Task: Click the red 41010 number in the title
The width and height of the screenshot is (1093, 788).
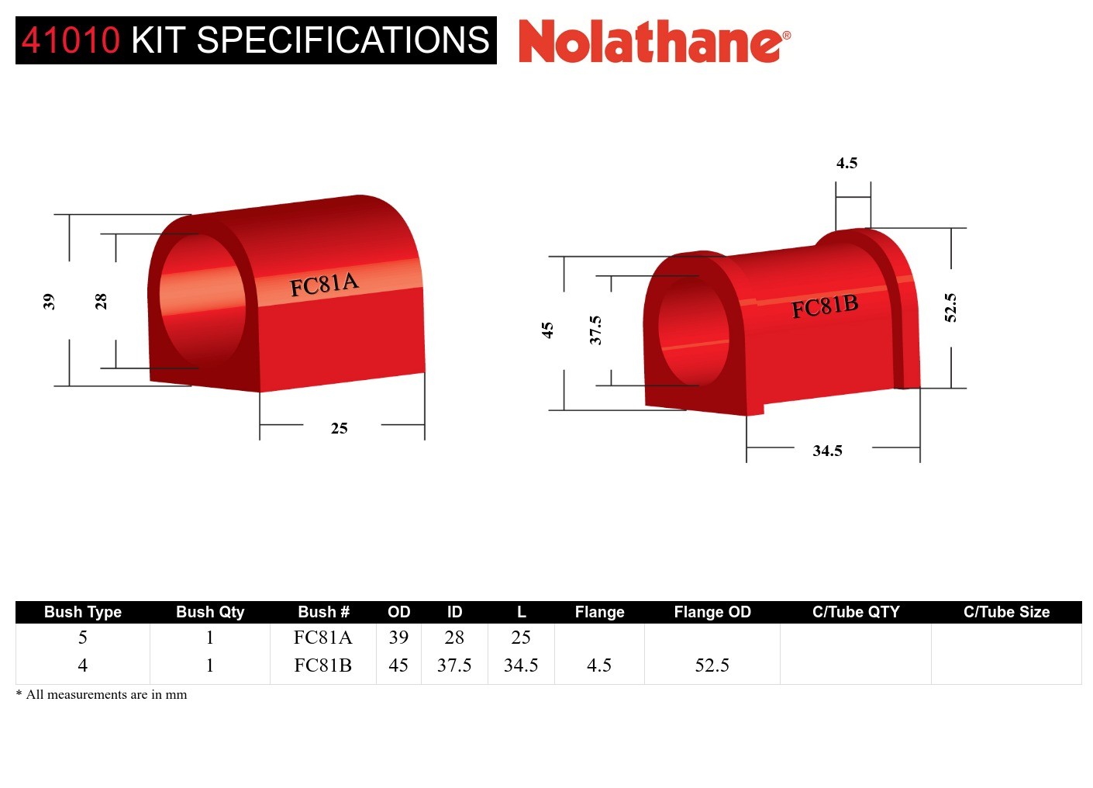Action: tap(71, 40)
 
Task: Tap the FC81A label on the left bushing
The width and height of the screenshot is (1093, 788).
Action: tap(324, 284)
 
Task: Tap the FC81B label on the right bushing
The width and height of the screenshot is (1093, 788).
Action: tap(825, 306)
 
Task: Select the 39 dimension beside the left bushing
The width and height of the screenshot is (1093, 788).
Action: tap(49, 301)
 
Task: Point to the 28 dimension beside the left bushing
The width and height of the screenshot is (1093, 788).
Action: tap(101, 301)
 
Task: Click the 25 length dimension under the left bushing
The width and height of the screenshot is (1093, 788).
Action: tap(339, 428)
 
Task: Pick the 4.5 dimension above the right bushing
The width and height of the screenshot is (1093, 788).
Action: tap(846, 163)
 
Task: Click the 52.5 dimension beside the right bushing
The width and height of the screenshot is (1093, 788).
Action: tap(950, 307)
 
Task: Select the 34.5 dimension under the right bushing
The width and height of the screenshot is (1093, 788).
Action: tap(827, 451)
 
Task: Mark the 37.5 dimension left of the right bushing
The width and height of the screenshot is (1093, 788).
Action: tap(595, 330)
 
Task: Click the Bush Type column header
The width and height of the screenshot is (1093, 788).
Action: tap(83, 612)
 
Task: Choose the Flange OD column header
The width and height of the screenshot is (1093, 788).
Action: tap(712, 612)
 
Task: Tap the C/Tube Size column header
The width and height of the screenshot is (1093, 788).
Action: tap(1006, 612)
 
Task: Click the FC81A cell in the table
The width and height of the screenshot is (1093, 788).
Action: tap(322, 638)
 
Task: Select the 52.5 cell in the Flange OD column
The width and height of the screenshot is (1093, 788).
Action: tap(712, 665)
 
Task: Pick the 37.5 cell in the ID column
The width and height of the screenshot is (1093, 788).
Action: tap(454, 665)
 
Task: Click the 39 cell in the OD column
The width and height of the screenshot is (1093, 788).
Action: tap(398, 638)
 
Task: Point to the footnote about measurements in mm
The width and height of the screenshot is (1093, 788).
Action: tap(102, 694)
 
